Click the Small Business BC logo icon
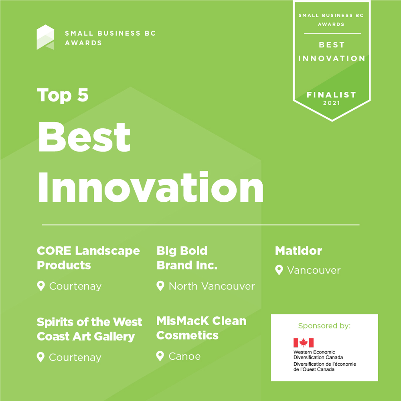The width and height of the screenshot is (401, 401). pos(45,37)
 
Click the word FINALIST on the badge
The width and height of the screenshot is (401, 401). pos(332,95)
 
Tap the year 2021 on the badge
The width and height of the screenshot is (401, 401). pos(332,103)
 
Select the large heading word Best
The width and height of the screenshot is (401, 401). pos(84,137)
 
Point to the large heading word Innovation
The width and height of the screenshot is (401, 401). pos(151,187)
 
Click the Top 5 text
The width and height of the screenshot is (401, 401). pos(63,95)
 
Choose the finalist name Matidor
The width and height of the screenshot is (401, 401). pos(298,251)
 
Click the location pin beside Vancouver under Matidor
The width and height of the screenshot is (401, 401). pos(279,270)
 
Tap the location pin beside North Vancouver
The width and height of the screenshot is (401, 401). pos(160,286)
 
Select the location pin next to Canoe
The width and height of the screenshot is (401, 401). pos(160,356)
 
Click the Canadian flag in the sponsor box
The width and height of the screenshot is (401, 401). pos(303,343)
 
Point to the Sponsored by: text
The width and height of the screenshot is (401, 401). pos(324,326)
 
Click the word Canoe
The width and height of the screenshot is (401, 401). pos(184,356)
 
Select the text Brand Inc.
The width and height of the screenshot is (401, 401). pos(187,265)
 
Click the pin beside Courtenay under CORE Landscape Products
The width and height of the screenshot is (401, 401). pos(41,286)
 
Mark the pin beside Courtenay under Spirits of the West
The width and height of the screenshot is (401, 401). pos(41,357)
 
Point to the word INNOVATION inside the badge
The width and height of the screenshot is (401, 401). pos(332,59)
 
